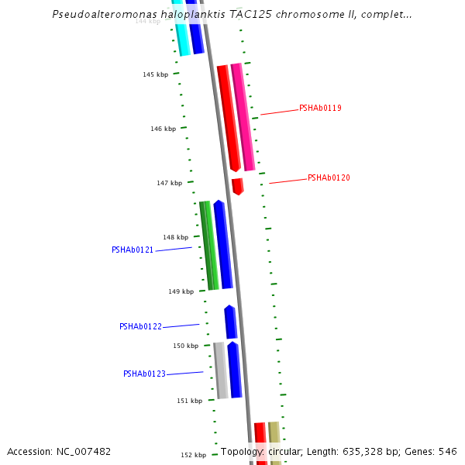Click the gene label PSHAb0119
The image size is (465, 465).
pyautogui.click(x=320, y=108)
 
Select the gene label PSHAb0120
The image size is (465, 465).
pyautogui.click(x=329, y=177)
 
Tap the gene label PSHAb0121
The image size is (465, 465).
pyautogui.click(x=133, y=250)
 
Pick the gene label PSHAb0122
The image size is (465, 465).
pyautogui.click(x=140, y=326)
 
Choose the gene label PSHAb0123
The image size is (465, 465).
pyautogui.click(x=144, y=374)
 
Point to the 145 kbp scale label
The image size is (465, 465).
pyautogui.click(x=155, y=74)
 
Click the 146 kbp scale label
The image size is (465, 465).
pyautogui.click(x=163, y=129)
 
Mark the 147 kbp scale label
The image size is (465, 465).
pyautogui.click(x=169, y=183)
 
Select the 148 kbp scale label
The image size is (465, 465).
pyautogui.click(x=175, y=237)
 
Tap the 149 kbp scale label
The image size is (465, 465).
pyautogui.click(x=181, y=291)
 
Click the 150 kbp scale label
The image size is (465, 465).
pyautogui.click(x=185, y=346)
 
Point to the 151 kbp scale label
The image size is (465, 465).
pyautogui.click(x=189, y=401)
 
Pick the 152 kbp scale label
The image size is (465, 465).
pyautogui.click(x=193, y=455)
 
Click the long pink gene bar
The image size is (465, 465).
pyautogui.click(x=243, y=116)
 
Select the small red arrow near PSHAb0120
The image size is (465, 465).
pyautogui.click(x=238, y=186)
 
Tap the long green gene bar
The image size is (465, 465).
pyautogui.click(x=207, y=245)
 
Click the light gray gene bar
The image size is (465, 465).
pyautogui.click(x=221, y=370)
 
